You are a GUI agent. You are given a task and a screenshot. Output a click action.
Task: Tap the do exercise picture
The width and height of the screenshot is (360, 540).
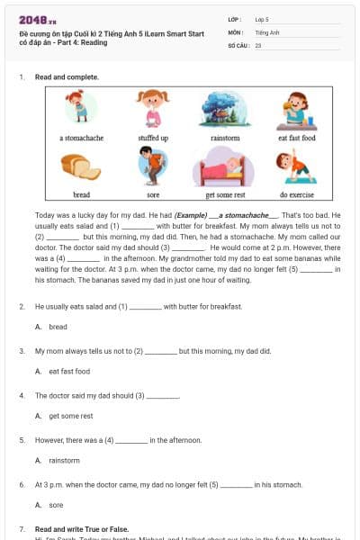pyautogui.click(x=297, y=166)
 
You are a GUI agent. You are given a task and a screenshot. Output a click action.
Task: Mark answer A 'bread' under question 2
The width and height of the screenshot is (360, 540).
pyautogui.click(x=58, y=327)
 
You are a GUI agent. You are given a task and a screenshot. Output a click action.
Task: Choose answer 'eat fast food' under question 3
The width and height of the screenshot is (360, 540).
pyautogui.click(x=69, y=371)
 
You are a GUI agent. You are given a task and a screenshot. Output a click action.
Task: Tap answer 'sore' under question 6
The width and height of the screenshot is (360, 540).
pyautogui.click(x=56, y=505)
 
